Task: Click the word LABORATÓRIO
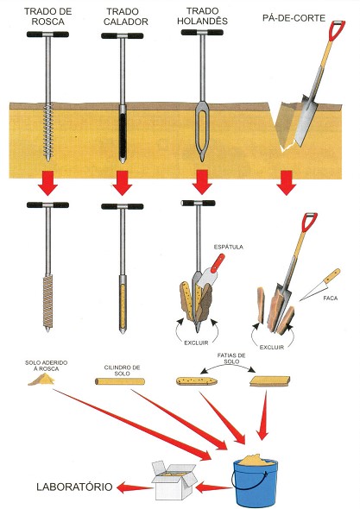point(74,487)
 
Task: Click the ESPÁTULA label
point(229,247)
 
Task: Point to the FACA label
point(330,298)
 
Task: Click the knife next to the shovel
point(320,285)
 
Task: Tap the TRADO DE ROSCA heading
point(48,16)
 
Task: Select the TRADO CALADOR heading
point(126,16)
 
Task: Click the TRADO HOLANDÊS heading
point(202,16)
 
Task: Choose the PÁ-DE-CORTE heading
point(294,18)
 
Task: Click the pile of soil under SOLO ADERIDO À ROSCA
point(41,380)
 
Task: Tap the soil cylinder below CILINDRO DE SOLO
point(119,381)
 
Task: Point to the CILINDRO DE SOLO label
point(122,370)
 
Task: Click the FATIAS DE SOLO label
point(231,358)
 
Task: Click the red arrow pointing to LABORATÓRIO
point(135,487)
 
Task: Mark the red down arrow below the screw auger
point(47,183)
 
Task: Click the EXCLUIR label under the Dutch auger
point(196,342)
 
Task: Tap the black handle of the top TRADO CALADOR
point(123,35)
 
